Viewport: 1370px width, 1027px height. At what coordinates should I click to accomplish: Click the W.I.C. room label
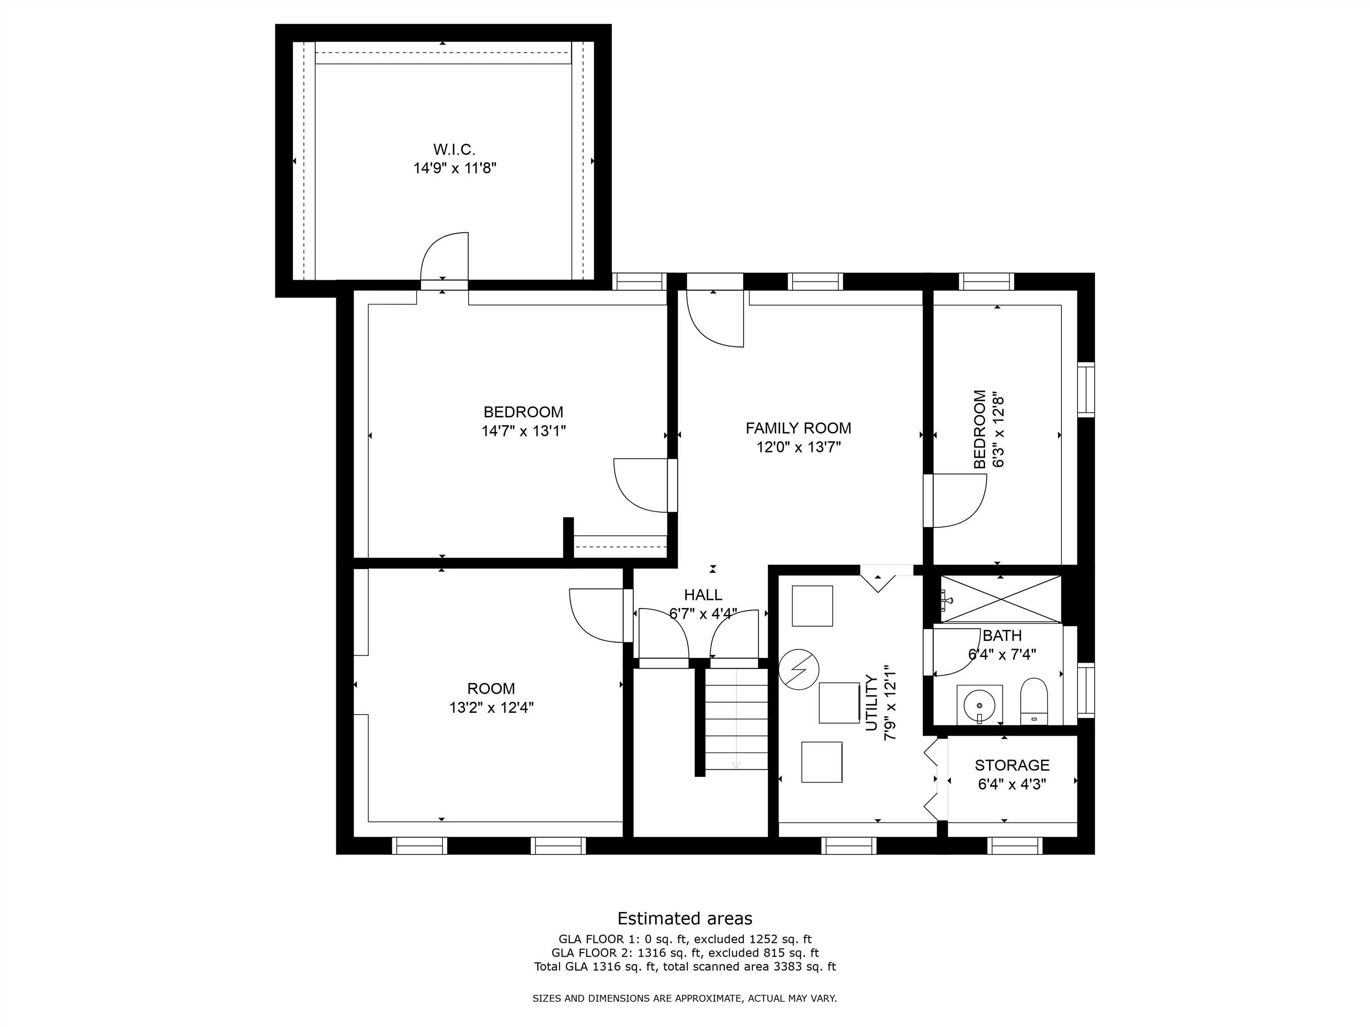pyautogui.click(x=454, y=150)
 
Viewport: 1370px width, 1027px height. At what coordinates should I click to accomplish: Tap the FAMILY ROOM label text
pyautogui.click(x=798, y=428)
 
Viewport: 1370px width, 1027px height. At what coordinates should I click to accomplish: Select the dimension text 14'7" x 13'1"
pyautogui.click(x=524, y=431)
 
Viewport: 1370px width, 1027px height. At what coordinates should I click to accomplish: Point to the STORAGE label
pyautogui.click(x=1012, y=765)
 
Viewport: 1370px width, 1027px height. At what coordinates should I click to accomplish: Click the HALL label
pyautogui.click(x=703, y=595)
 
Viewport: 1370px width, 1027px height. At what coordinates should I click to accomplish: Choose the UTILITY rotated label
pyautogui.click(x=872, y=703)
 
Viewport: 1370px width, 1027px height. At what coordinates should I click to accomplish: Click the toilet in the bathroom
pyautogui.click(x=1034, y=701)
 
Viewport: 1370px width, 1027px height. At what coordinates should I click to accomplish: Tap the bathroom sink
pyautogui.click(x=979, y=704)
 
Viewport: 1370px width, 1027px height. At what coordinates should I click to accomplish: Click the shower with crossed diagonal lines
pyautogui.click(x=1000, y=599)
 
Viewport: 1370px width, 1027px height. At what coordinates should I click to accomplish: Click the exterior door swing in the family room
pyautogui.click(x=715, y=319)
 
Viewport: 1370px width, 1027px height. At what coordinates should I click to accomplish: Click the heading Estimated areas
pyautogui.click(x=685, y=918)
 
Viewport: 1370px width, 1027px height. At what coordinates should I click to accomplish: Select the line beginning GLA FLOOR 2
pyautogui.click(x=685, y=953)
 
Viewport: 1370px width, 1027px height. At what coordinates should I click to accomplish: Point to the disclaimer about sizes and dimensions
pyautogui.click(x=685, y=998)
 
